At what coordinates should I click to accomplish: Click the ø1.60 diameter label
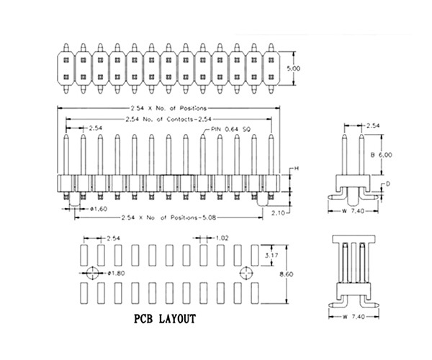[x=100, y=209]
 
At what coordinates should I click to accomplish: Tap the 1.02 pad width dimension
[x=222, y=237]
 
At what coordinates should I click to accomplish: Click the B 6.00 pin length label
[x=382, y=154]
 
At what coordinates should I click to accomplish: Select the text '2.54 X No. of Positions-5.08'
[x=168, y=217]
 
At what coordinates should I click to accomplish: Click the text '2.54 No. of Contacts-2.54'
[x=168, y=118]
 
